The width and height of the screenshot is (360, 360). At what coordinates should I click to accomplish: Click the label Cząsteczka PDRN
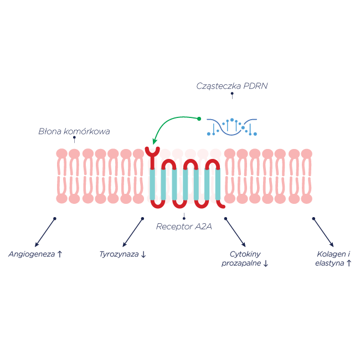[232, 86]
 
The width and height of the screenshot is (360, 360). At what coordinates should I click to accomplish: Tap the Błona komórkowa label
[74, 132]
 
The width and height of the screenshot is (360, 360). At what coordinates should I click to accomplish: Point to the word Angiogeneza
[32, 254]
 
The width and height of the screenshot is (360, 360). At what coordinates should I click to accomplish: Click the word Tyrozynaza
[119, 254]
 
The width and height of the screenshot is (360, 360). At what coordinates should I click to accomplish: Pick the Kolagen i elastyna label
[333, 259]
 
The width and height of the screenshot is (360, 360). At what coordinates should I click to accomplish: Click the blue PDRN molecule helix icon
[232, 127]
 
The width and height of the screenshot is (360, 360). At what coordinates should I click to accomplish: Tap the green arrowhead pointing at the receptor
[156, 142]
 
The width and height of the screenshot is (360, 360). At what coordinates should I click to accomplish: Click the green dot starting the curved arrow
[199, 118]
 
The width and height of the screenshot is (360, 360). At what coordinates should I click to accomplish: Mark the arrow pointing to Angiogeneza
[45, 232]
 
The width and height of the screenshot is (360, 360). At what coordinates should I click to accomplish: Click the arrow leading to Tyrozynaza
[132, 232]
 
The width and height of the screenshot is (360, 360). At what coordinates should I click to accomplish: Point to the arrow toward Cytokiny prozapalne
[235, 232]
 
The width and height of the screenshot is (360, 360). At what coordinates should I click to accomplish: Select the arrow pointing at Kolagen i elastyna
[323, 232]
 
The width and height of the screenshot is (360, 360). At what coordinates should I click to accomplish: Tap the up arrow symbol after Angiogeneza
[60, 254]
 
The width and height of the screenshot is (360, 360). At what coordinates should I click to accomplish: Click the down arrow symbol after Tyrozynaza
[143, 255]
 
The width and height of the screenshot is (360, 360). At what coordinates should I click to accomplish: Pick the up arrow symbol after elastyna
[348, 264]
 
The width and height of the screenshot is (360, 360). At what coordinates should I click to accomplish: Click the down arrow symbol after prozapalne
[266, 264]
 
